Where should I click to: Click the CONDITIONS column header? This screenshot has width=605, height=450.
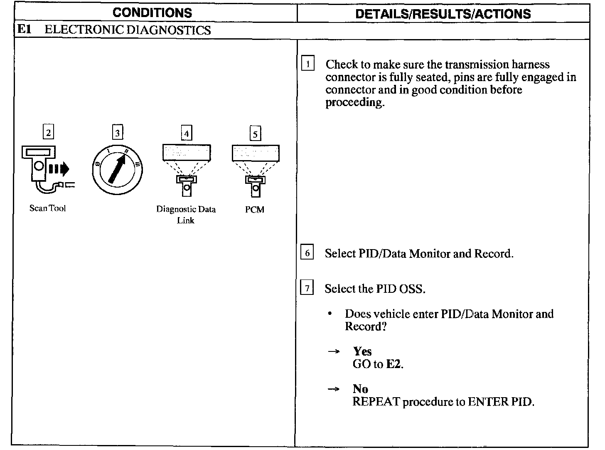point(152,12)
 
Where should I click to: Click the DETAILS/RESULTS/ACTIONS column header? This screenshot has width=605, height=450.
point(443,14)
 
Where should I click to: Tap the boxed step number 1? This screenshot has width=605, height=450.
point(307,64)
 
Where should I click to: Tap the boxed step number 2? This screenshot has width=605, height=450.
point(49,133)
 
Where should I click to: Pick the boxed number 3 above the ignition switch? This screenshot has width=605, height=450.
point(118,133)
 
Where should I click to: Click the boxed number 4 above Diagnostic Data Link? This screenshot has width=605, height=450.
point(187,134)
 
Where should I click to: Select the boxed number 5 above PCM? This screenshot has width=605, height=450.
point(255,134)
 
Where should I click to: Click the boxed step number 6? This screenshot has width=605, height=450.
point(307,253)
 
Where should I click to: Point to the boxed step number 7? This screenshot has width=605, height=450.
point(307,288)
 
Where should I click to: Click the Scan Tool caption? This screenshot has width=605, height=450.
point(47,208)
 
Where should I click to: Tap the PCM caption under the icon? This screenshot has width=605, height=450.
point(255,210)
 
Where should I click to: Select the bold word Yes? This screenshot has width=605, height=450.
point(362,351)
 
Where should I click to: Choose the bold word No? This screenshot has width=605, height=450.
point(360,389)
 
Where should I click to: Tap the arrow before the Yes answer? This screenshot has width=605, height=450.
point(333,352)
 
